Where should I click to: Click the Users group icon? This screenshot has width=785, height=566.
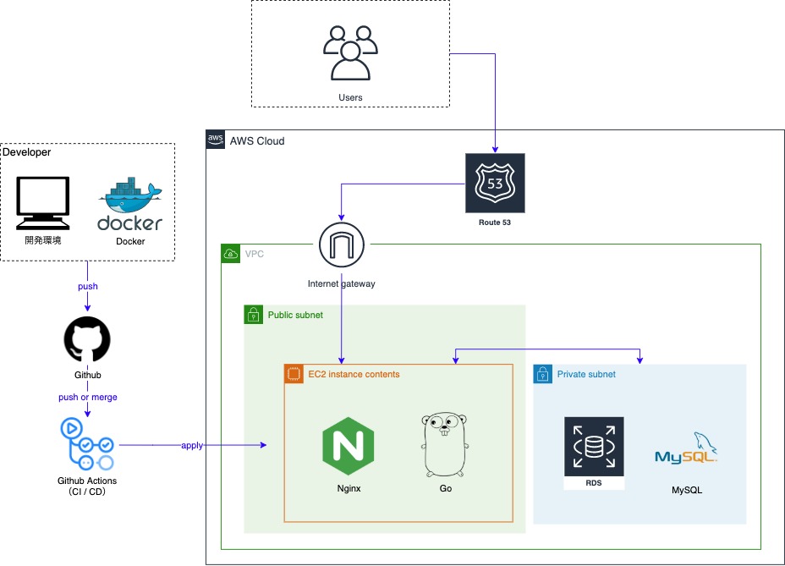349,52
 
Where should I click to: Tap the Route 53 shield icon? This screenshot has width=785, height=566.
495,183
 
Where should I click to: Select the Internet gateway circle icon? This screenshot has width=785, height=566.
342,246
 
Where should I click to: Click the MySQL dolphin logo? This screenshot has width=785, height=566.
686,449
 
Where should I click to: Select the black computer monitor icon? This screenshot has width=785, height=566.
42,203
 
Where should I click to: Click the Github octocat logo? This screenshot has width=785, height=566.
87,340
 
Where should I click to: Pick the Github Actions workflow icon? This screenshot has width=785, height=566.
86,443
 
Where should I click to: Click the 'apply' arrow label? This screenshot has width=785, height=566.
192,445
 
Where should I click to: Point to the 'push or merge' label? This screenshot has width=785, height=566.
87,397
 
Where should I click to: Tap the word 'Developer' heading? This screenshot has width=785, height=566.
27,152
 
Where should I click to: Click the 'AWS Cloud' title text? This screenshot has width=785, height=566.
257,140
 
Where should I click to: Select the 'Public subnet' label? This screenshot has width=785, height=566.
295,315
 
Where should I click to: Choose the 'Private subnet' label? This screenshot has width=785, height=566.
586,374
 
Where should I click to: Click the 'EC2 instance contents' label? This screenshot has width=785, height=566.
354,374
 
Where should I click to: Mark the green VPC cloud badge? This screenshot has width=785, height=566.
230,253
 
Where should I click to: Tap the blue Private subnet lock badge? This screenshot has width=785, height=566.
542,374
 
